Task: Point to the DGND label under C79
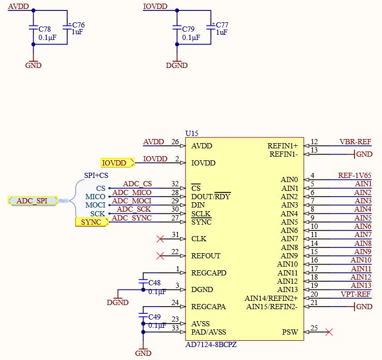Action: coord(176,66)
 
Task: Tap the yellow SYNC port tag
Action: coord(92,222)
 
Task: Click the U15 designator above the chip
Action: coord(192,134)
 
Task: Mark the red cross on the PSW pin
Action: coord(328,332)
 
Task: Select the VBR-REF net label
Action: coord(355,142)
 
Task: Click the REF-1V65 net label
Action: coord(355,175)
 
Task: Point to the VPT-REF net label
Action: coord(356,294)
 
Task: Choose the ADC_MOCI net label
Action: coord(132,201)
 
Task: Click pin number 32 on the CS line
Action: coord(175,184)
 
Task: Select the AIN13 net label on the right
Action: coord(361,285)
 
